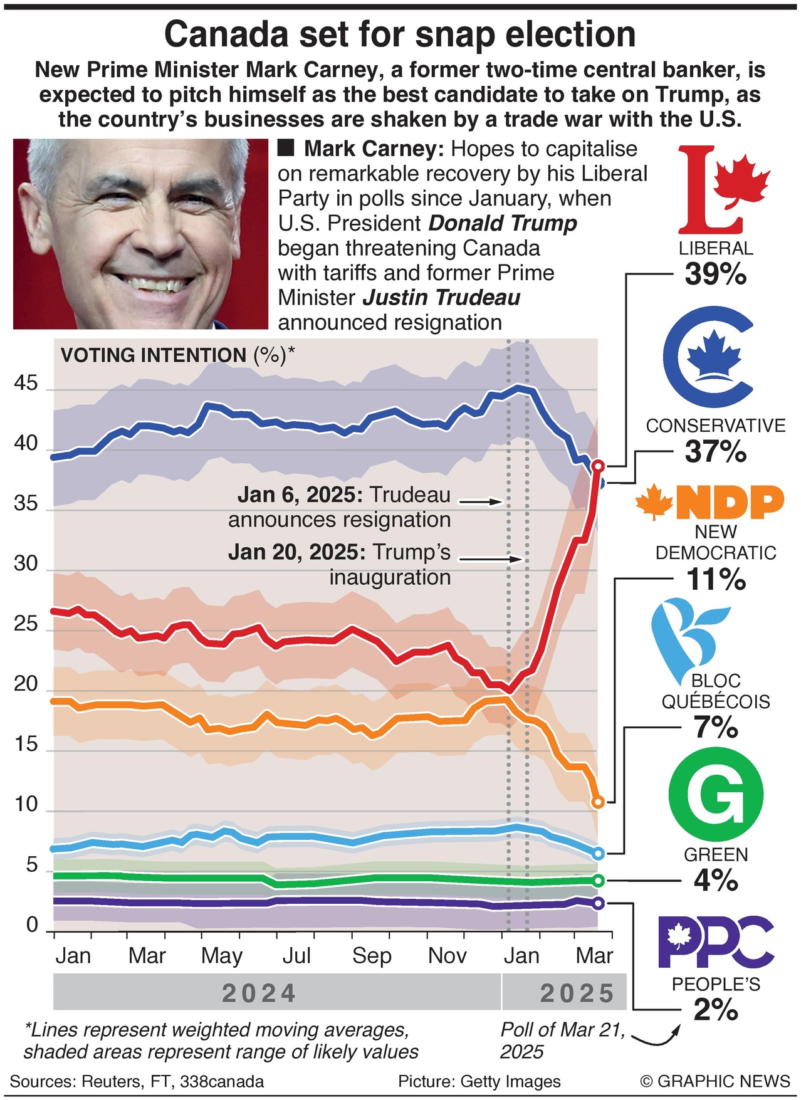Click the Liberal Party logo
(x=721, y=190)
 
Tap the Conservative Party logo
(x=708, y=358)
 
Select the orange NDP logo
(x=711, y=502)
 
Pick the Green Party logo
(x=716, y=795)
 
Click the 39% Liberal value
(x=716, y=274)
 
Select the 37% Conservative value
(x=716, y=452)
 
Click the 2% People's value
(x=716, y=1010)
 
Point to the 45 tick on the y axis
(x=26, y=384)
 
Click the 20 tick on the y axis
(x=26, y=684)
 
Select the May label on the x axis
(x=221, y=956)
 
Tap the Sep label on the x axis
(x=371, y=956)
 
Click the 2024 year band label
(x=259, y=993)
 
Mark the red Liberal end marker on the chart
(x=598, y=466)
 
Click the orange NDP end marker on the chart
(x=598, y=802)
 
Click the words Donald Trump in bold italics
(x=503, y=224)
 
